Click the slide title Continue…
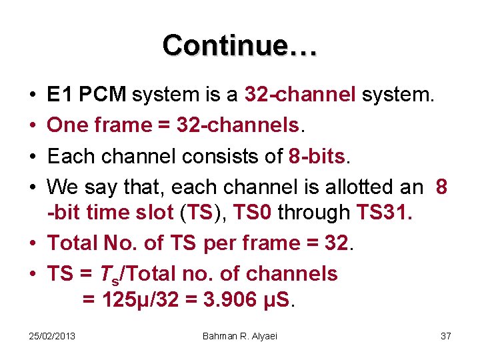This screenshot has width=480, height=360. [x=240, y=45]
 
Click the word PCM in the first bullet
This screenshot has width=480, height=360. [x=102, y=95]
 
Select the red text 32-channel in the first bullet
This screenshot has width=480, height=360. [x=301, y=95]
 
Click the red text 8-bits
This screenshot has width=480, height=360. [x=318, y=156]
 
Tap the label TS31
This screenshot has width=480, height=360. [x=385, y=213]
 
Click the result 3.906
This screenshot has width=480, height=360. [x=224, y=300]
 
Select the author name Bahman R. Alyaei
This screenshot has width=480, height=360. [x=240, y=336]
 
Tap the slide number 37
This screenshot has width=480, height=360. [x=445, y=336]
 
